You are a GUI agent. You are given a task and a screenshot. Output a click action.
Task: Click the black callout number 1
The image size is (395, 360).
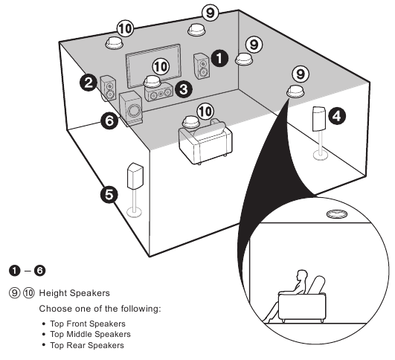pos(219,55)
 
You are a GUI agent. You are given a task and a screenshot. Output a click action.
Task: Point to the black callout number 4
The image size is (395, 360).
pos(337,115)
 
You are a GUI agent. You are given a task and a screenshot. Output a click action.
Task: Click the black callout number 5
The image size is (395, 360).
pos(109,195)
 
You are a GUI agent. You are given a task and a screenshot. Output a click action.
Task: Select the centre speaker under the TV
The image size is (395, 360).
pos(158,95)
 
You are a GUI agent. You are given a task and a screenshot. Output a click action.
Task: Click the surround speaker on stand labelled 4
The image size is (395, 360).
pos(320,118)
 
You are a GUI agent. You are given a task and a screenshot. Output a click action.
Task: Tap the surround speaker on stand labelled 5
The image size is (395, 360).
pos(135,176)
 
